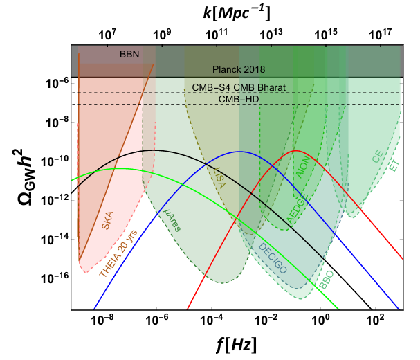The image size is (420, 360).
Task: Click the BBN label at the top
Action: (128, 53)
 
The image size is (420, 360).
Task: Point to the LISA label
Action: (221, 177)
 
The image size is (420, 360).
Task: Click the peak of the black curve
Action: (152, 150)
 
